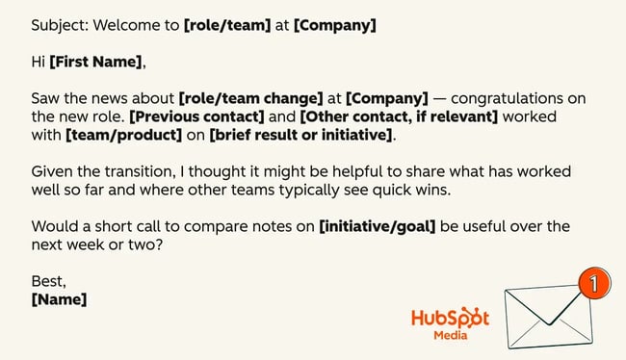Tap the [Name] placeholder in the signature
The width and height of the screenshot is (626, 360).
(59, 299)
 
